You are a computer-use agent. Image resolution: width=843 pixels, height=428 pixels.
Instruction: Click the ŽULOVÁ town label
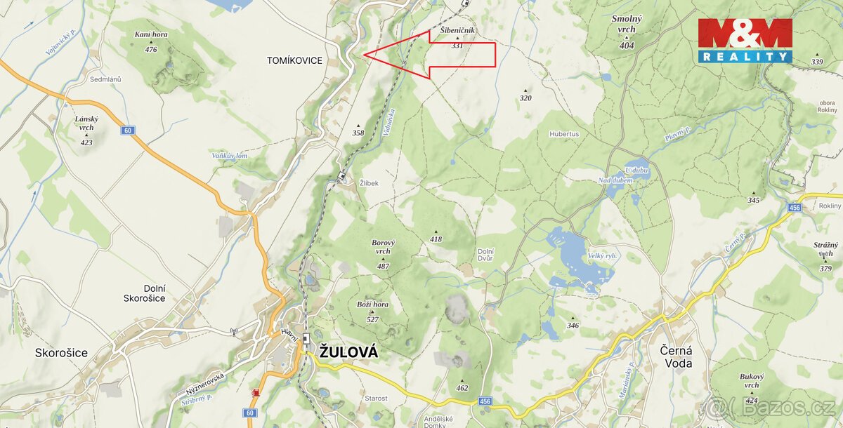coord(348,353)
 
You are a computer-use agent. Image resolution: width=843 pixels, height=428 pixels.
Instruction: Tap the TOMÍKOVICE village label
coord(294,61)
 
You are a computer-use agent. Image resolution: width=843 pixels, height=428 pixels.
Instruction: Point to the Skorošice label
coord(62,353)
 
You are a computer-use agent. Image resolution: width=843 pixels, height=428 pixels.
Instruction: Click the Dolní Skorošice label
coord(144,292)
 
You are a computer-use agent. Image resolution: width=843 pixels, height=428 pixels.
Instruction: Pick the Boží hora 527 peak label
coord(372,311)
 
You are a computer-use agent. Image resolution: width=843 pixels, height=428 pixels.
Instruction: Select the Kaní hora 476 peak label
coord(150,41)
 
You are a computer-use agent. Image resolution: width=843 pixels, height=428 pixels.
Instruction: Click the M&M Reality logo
coord(745,40)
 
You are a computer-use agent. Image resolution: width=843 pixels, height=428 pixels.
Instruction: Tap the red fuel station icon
coord(254,392)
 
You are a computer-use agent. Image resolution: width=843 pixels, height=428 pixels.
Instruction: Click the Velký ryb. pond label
coord(602,257)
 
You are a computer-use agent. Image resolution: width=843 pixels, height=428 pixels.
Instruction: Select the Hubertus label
coord(564,134)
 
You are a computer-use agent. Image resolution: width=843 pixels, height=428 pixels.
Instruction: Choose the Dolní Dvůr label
coord(486,256)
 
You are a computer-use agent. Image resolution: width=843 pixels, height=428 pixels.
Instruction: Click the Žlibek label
coord(369,183)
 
